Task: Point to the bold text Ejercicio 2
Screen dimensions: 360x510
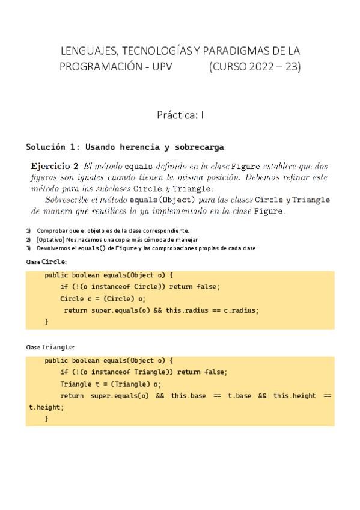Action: click(x=55, y=166)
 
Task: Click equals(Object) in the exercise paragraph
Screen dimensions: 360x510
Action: click(x=162, y=200)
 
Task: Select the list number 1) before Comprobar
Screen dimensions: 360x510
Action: click(x=28, y=230)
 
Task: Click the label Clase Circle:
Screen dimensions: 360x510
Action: click(x=46, y=262)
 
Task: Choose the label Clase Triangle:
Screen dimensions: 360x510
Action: click(x=50, y=348)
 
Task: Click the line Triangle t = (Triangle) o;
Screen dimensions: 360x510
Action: click(x=111, y=384)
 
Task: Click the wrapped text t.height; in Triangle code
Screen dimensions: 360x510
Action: click(x=46, y=407)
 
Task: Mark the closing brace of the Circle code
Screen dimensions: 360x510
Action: click(x=47, y=322)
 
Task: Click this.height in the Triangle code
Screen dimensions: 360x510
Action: click(x=294, y=396)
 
